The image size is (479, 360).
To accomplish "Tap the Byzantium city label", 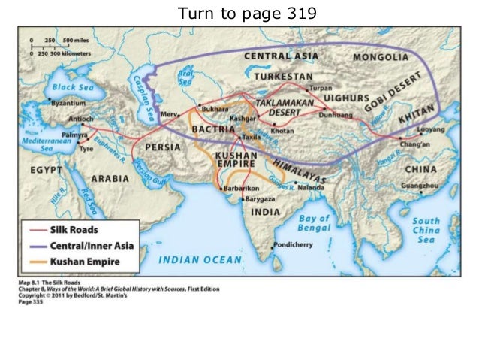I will [66, 101].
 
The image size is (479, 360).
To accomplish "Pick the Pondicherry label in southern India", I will [294, 246].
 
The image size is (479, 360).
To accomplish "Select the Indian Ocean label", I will [200, 260].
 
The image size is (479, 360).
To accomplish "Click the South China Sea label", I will [426, 230].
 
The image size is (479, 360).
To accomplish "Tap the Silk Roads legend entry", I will [74, 231].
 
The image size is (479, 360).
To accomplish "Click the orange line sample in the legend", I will [35, 262].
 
